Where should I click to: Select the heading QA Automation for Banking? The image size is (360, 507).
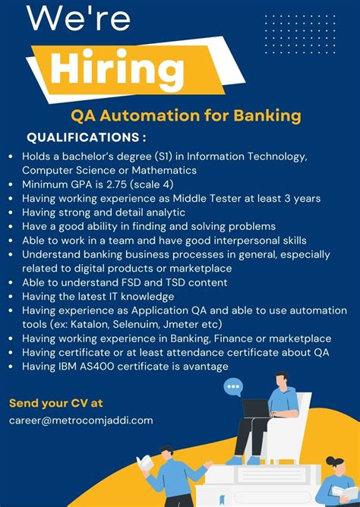tap(186, 116)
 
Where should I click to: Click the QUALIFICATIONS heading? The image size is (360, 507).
tap(87, 137)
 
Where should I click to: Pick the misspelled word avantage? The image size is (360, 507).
tap(205, 367)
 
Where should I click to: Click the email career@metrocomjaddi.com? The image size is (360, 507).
tap(81, 420)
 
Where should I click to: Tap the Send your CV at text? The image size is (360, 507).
tap(55, 403)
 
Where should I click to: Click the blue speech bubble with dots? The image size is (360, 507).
tap(233, 389)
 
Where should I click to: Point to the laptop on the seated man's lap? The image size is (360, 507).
tap(255, 408)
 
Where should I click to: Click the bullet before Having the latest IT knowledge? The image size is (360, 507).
tap(11, 297)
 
